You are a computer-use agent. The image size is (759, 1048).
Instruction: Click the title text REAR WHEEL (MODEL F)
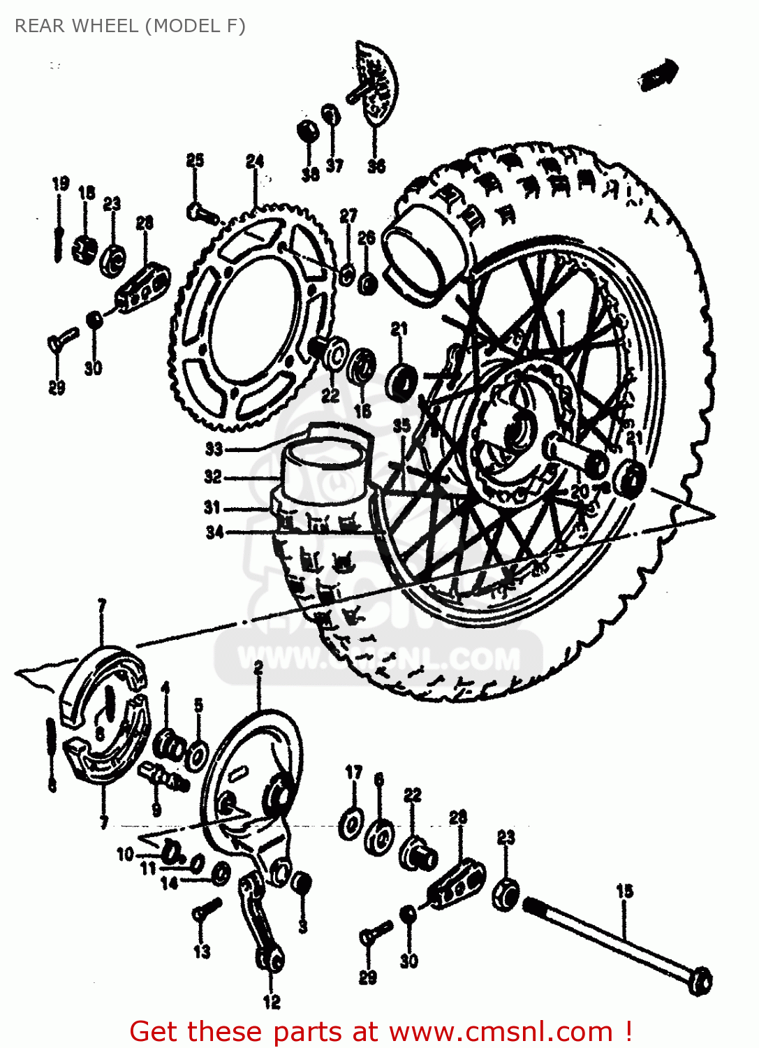click(x=130, y=26)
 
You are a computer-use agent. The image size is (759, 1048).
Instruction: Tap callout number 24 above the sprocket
click(x=255, y=161)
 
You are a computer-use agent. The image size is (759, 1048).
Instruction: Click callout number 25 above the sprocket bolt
click(x=195, y=160)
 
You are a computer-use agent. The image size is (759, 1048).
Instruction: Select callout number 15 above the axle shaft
click(x=624, y=891)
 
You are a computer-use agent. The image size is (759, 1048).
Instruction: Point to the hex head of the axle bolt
click(x=699, y=981)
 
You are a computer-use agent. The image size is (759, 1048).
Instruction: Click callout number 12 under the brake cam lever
click(x=272, y=1002)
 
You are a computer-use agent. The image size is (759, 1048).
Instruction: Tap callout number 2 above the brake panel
click(x=258, y=668)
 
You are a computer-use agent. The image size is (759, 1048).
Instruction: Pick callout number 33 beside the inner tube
click(x=214, y=449)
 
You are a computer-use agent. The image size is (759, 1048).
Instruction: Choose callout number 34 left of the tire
click(x=214, y=532)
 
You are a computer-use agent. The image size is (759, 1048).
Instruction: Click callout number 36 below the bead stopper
click(x=376, y=166)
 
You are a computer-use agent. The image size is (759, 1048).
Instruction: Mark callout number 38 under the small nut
click(x=311, y=174)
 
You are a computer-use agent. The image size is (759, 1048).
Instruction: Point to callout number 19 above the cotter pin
click(x=61, y=184)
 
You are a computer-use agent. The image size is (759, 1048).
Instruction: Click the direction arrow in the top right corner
click(x=658, y=74)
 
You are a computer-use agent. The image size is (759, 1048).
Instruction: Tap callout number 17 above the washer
click(x=354, y=772)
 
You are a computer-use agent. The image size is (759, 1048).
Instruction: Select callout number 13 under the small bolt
click(x=202, y=951)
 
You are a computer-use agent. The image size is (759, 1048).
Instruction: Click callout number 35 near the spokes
click(x=401, y=425)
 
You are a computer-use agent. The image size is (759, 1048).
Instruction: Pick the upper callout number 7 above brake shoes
click(x=102, y=605)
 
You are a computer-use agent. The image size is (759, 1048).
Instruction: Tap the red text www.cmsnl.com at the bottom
click(x=500, y=1031)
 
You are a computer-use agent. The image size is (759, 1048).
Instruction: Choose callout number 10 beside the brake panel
click(x=125, y=854)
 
